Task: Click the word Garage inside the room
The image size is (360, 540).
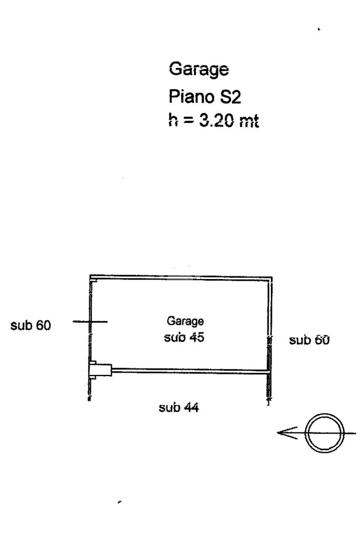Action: [x=185, y=320]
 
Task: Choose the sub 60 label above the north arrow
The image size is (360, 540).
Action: [x=309, y=341]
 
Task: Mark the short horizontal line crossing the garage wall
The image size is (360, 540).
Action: [x=90, y=322]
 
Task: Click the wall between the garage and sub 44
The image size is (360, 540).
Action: [x=190, y=371]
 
